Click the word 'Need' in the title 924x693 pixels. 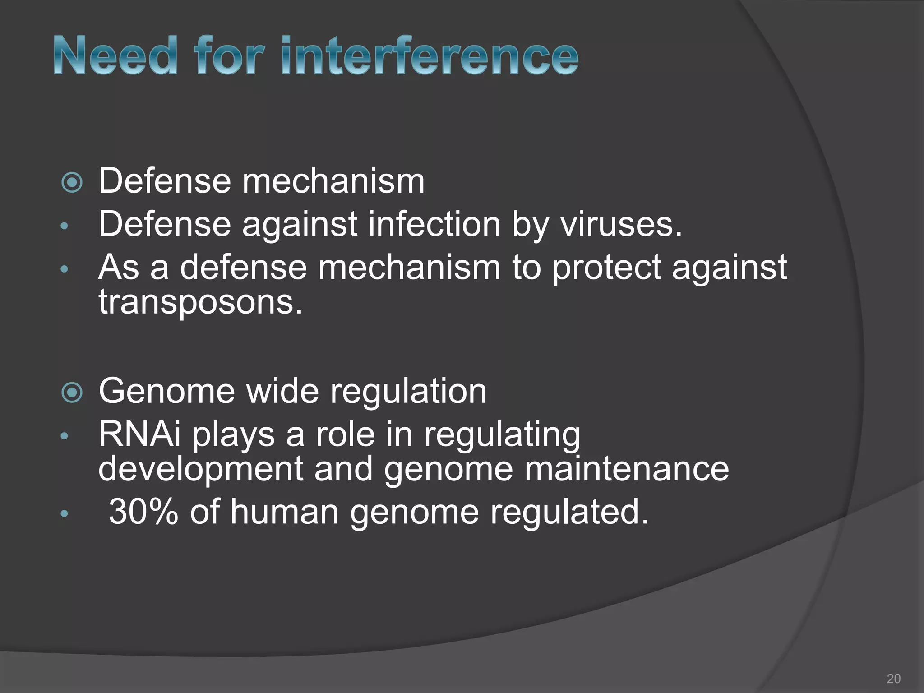click(x=115, y=55)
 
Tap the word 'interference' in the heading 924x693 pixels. click(x=429, y=55)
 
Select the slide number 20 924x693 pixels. click(x=893, y=678)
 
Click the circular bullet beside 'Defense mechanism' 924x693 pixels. click(x=72, y=183)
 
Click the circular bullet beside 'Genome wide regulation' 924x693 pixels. click(x=72, y=393)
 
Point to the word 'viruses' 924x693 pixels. click(x=621, y=224)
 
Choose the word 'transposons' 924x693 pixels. click(x=200, y=302)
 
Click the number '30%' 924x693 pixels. click(x=143, y=512)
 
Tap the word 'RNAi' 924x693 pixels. click(x=139, y=435)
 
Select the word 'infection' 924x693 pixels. click(x=434, y=224)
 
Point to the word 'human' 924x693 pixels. click(x=284, y=512)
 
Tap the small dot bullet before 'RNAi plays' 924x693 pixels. click(x=64, y=436)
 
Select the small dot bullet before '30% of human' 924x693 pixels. click(x=64, y=513)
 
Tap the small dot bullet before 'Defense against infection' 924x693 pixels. click(x=64, y=226)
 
